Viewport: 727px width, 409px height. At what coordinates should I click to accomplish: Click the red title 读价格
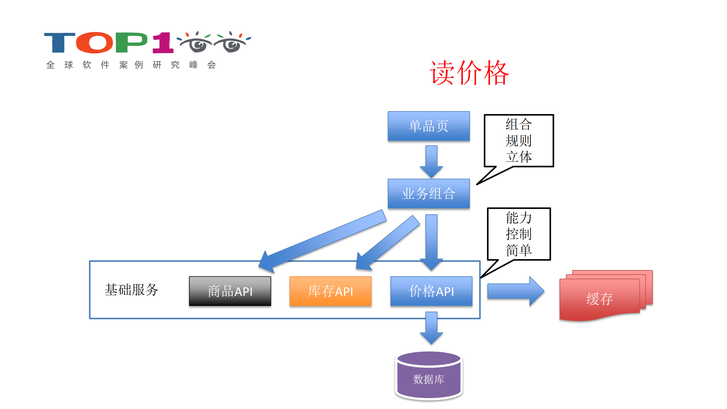pos(469,73)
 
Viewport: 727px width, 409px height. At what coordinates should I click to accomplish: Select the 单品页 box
pos(428,126)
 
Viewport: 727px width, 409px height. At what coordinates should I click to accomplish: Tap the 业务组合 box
pos(428,194)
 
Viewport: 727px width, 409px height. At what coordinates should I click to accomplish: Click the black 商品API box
pos(230,291)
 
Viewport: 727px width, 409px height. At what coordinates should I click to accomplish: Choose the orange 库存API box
pos(330,291)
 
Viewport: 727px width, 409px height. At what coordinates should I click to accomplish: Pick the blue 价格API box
pos(431,291)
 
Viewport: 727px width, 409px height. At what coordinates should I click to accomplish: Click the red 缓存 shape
pos(599,298)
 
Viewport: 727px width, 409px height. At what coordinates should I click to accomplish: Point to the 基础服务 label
pos(131,290)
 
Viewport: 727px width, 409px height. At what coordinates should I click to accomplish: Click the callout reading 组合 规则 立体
pos(518,141)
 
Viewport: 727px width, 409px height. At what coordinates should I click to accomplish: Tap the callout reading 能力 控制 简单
pos(518,234)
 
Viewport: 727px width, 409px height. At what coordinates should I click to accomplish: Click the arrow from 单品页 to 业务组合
pos(431,161)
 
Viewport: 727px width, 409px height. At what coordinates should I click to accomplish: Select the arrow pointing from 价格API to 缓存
pos(514,291)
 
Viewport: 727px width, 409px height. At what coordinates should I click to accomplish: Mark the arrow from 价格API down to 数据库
pos(431,327)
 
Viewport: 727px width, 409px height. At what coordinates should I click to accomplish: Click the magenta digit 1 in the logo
pos(163,43)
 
